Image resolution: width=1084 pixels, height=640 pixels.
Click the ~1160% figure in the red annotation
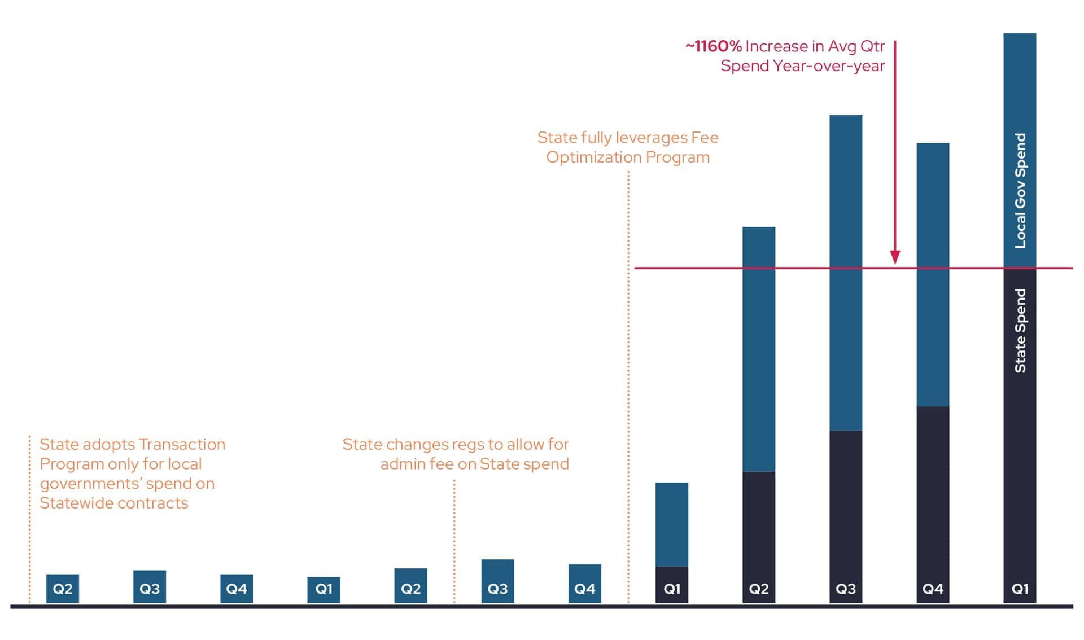(x=713, y=46)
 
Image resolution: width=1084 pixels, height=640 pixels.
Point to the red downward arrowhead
(x=895, y=257)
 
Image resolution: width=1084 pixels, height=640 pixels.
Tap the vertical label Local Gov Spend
(x=1020, y=191)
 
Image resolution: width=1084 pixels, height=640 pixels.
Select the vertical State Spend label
(x=1020, y=330)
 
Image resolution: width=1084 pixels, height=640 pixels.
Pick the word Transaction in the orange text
(x=182, y=444)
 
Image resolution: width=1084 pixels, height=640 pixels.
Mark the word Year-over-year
(x=829, y=66)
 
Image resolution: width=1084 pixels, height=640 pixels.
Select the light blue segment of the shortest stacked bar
(x=672, y=524)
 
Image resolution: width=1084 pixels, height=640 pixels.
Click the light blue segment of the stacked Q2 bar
(x=759, y=349)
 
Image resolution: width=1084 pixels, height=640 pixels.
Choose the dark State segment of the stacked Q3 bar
(x=846, y=517)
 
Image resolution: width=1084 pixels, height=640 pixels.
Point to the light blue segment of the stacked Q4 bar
(x=933, y=275)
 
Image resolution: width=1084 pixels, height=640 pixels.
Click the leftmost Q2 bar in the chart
(x=63, y=589)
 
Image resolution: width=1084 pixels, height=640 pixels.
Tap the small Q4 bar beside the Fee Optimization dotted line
(x=585, y=584)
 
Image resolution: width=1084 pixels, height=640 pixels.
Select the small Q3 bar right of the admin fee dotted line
(x=498, y=581)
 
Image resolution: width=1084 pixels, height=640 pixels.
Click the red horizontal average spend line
(x=854, y=268)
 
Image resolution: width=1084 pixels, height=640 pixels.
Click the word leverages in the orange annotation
(x=652, y=138)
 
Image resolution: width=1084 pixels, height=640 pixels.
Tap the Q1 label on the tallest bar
(x=1020, y=589)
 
